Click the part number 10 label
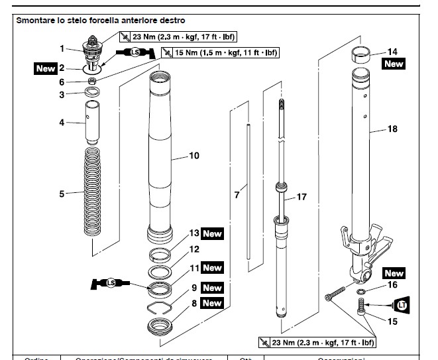click(x=194, y=156)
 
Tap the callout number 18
click(x=392, y=130)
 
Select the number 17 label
click(x=301, y=197)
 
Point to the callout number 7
click(x=237, y=195)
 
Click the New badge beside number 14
click(x=394, y=64)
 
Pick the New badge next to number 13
click(x=212, y=234)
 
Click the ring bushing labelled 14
click(x=364, y=54)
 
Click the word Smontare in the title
click(x=38, y=21)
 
